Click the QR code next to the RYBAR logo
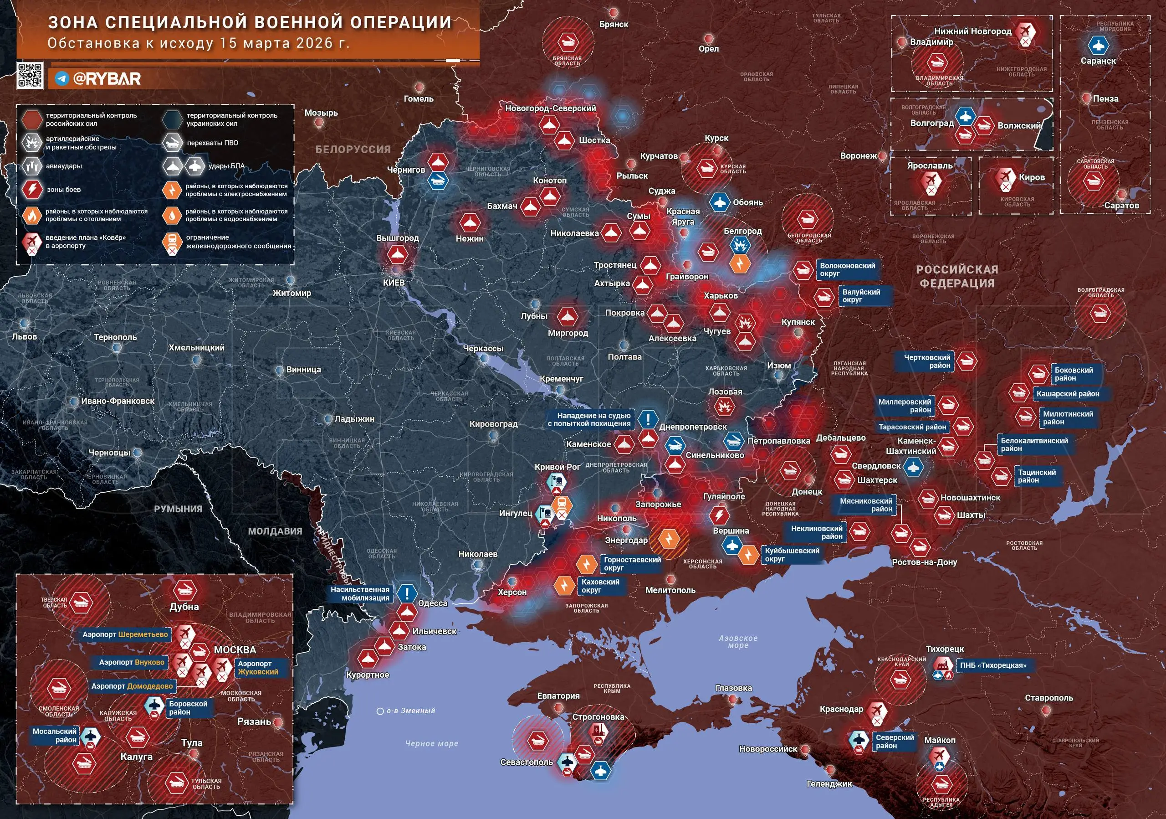pyautogui.click(x=30, y=76)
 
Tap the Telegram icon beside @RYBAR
pyautogui.click(x=62, y=79)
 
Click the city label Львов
pyautogui.click(x=25, y=336)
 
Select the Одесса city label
pyautogui.click(x=432, y=603)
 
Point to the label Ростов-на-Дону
pyautogui.click(x=924, y=562)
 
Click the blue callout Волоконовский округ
pyautogui.click(x=847, y=269)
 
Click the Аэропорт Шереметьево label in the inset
pyautogui.click(x=125, y=634)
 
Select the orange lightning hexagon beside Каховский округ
pyautogui.click(x=564, y=585)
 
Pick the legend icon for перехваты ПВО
pyautogui.click(x=173, y=143)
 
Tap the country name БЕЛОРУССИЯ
pyautogui.click(x=353, y=149)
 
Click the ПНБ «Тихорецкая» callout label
pyautogui.click(x=992, y=665)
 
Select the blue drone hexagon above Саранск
pyautogui.click(x=1098, y=45)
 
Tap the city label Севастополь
pyautogui.click(x=526, y=762)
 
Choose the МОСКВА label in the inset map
pyautogui.click(x=235, y=650)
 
